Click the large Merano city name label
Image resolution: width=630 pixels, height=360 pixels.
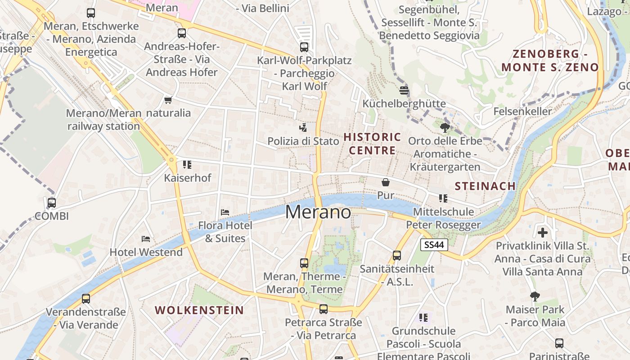318,212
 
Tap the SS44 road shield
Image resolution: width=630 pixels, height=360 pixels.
434,245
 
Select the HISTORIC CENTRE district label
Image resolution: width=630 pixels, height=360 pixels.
372,144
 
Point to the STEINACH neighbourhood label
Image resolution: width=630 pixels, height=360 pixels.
485,186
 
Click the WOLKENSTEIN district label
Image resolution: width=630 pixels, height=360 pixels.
199,310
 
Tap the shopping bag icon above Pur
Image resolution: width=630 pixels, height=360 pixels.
386,182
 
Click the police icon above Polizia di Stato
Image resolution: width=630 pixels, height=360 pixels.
304,127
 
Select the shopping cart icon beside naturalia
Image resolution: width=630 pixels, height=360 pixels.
168,100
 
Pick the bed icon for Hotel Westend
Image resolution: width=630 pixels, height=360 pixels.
146,238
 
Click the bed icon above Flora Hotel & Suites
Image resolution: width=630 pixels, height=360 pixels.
225,212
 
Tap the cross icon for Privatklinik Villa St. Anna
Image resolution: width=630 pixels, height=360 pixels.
543,233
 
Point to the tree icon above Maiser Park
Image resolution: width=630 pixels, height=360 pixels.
535,296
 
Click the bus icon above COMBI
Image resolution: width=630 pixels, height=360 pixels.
52,202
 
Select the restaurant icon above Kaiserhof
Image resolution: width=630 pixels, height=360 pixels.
187,165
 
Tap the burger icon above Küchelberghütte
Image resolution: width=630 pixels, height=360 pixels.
404,90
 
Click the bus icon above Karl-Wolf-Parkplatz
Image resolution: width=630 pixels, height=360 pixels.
304,47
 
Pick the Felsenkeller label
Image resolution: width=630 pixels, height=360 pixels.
522,111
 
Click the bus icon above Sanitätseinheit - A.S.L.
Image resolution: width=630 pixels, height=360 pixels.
397,256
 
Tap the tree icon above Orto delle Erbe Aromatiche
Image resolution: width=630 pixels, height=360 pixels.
445,127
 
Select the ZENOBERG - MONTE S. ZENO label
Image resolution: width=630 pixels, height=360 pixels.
550,61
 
